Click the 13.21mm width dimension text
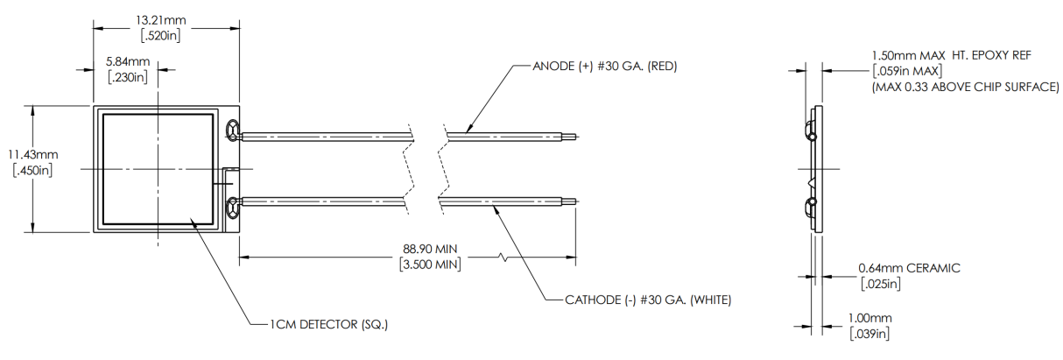tap(161, 20)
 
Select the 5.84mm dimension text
tap(128, 61)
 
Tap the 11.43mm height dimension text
tap(33, 155)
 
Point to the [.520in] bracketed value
tap(161, 36)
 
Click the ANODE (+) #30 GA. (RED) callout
tap(604, 66)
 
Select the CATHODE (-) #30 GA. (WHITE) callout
tap(648, 300)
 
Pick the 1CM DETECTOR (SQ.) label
tap(329, 325)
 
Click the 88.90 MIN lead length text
tap(430, 249)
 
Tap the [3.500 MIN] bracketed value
tap(430, 265)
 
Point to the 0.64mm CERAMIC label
tap(909, 268)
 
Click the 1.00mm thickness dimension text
tap(869, 318)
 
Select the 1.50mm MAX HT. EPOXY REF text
tap(952, 55)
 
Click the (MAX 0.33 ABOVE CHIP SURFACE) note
tap(965, 88)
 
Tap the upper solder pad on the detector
tap(233, 131)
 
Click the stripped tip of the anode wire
tap(569, 138)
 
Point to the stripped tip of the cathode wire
tap(569, 201)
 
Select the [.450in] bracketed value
tap(32, 171)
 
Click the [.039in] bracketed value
tap(869, 334)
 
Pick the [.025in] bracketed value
tap(881, 284)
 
